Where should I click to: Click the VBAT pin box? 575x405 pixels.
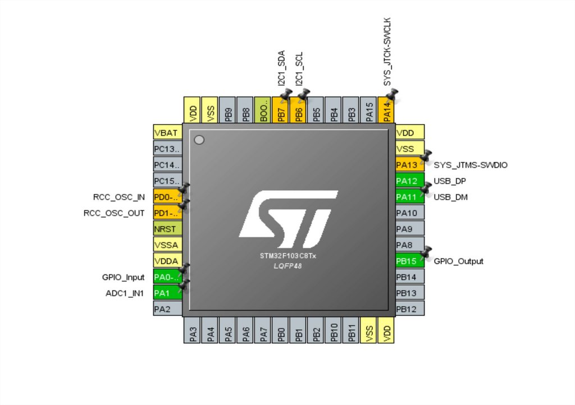[167, 133]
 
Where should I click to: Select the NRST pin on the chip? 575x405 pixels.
[167, 229]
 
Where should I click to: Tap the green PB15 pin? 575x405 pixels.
[410, 261]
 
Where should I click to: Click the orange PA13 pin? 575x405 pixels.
[410, 165]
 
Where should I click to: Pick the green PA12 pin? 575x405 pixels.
[410, 181]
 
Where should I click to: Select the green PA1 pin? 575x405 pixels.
[167, 293]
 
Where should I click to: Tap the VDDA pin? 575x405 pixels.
[167, 261]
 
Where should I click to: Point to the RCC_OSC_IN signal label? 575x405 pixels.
[118, 197]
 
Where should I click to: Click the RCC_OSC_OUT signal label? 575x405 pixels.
[114, 213]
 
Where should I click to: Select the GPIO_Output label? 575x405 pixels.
[458, 261]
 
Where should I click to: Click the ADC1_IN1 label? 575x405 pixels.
[124, 293]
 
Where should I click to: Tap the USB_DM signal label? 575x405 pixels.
[450, 197]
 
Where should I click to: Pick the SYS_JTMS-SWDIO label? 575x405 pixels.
[471, 165]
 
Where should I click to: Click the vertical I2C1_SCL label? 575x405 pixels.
[299, 68]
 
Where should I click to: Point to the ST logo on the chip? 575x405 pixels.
[288, 219]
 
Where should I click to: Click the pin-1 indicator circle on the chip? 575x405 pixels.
[199, 140]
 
